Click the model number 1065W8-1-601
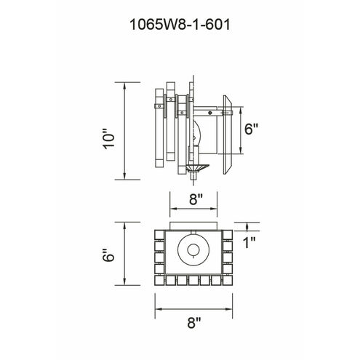[180, 25]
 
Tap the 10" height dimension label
[108, 139]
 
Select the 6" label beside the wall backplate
[251, 129]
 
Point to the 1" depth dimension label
[249, 243]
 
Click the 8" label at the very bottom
[194, 323]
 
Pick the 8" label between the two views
[196, 199]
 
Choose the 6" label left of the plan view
[108, 255]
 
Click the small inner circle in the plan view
[193, 249]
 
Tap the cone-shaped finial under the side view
[197, 168]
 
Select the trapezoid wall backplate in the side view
[228, 135]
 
